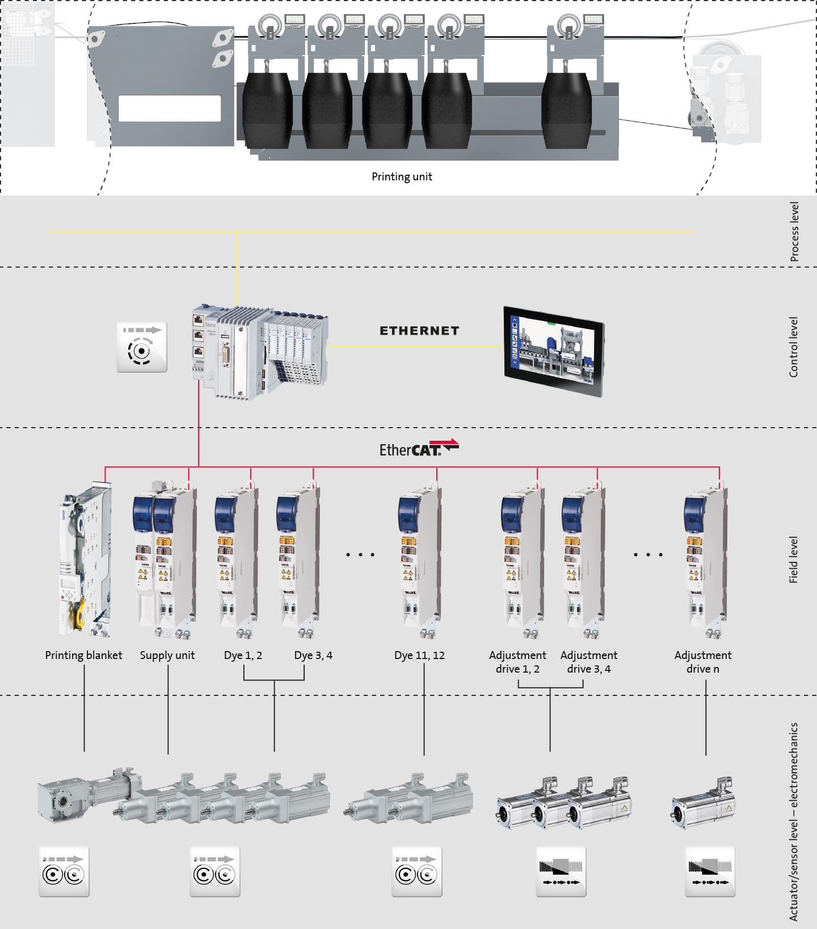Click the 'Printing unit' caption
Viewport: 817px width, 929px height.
[402, 177]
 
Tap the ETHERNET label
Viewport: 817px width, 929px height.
[419, 331]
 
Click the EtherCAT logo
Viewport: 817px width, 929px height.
[419, 449]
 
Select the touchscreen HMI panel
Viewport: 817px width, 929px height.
[554, 351]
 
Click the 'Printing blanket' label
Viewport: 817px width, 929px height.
[83, 656]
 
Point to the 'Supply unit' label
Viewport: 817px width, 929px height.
[167, 656]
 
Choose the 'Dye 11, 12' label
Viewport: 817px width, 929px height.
[419, 656]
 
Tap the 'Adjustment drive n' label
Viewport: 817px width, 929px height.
[703, 662]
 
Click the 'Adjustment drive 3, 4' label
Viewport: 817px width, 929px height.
[589, 662]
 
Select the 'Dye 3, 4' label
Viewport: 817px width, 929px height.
[313, 656]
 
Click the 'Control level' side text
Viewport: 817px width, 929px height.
[794, 347]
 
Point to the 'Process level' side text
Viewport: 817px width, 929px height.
[794, 232]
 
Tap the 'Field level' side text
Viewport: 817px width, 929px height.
[794, 560]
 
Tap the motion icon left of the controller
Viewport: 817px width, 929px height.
[142, 347]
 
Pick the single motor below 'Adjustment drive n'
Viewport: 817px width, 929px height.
[703, 803]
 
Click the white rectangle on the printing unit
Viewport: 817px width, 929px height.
[170, 108]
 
